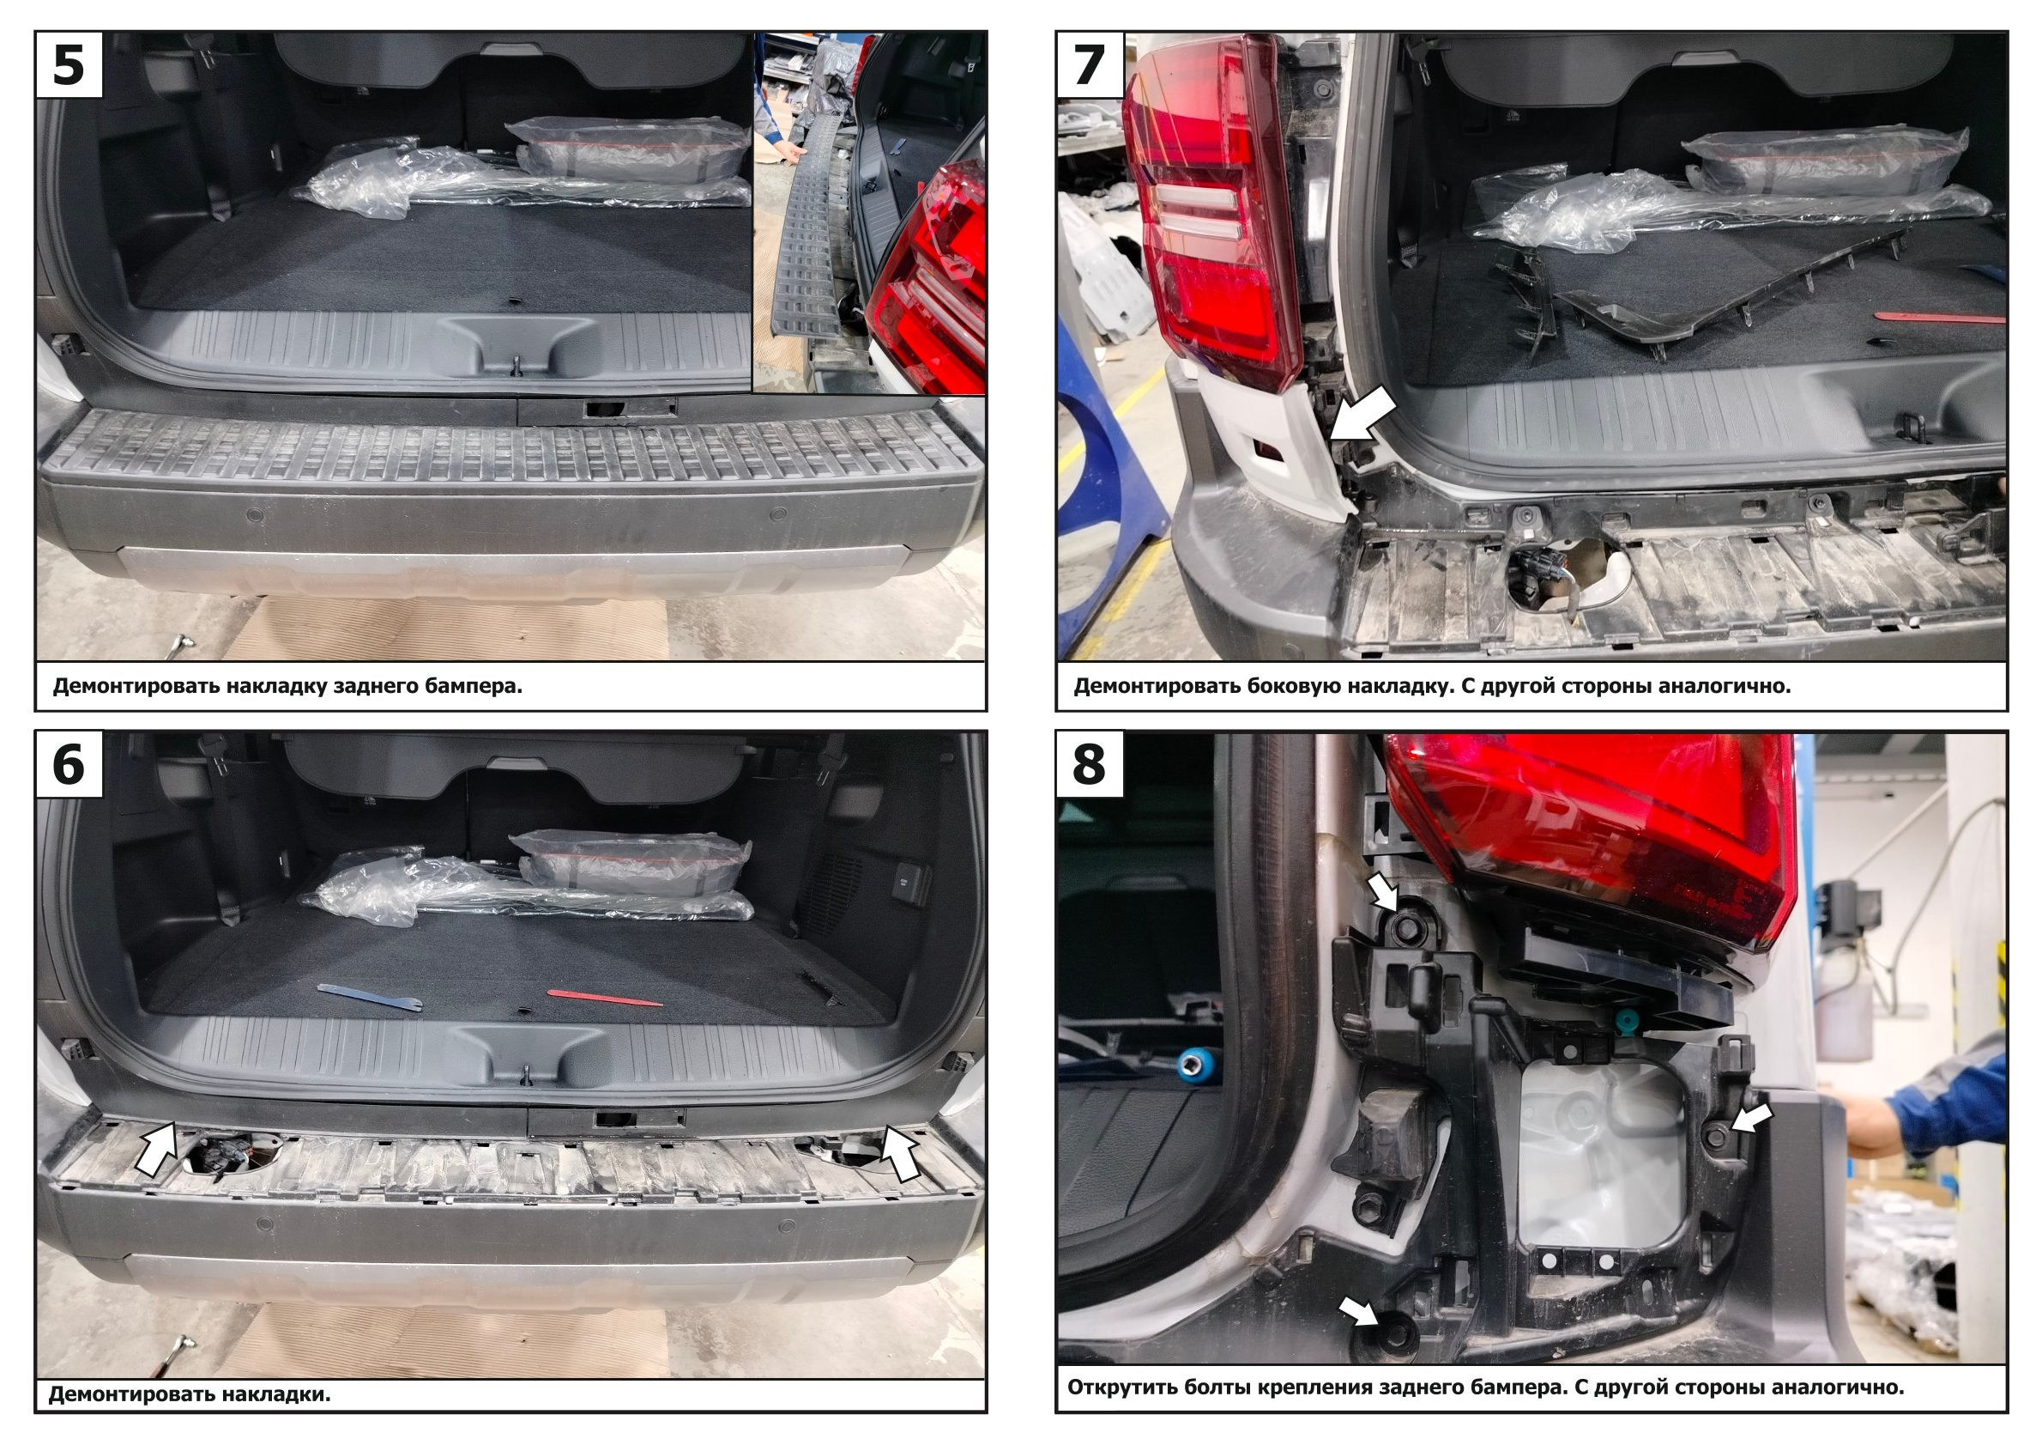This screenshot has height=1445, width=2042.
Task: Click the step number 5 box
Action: [69, 64]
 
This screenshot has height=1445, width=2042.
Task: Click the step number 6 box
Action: [69, 764]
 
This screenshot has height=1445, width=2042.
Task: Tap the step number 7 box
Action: [1090, 64]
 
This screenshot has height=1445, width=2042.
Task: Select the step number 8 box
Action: [1090, 764]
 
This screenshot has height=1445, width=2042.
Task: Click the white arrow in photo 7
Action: [1363, 417]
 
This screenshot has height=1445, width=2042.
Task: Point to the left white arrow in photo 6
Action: [157, 1149]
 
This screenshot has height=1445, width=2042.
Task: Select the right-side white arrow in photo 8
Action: [1750, 1119]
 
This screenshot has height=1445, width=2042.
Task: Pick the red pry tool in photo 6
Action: [605, 999]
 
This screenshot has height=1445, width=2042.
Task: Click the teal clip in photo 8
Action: [1626, 1023]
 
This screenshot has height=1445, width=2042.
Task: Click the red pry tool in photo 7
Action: [1939, 318]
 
